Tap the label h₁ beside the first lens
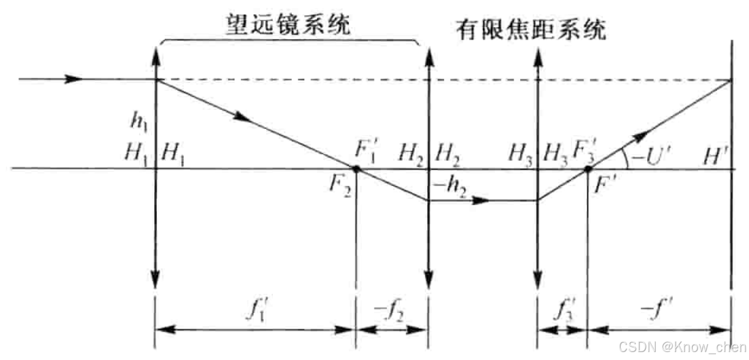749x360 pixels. coord(138,122)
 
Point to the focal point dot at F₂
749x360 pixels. coord(357,169)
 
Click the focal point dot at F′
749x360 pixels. coord(588,169)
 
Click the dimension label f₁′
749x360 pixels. coord(255,308)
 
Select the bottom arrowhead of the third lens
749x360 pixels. coord(537,281)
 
